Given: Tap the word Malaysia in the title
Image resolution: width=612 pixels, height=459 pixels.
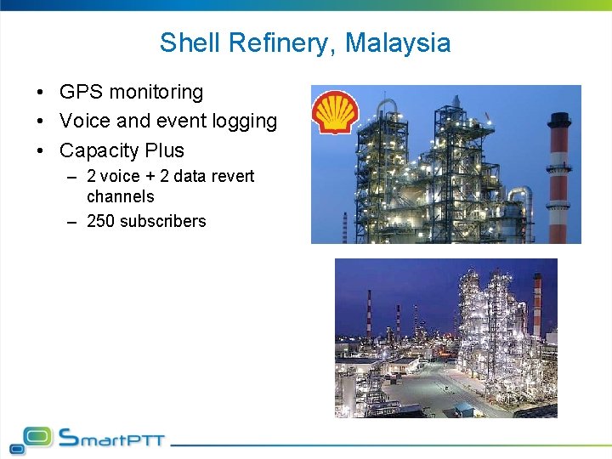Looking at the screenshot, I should [398, 42].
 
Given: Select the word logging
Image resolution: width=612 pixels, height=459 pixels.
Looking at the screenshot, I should [245, 122].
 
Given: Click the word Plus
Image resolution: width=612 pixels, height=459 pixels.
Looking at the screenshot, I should [165, 150].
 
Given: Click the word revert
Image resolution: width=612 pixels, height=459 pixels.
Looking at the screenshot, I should [233, 176].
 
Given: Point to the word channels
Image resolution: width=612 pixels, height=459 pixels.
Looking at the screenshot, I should [121, 196].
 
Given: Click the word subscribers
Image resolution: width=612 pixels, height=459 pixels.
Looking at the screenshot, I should [162, 221].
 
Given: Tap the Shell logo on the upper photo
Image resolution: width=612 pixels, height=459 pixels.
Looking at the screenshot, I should [335, 112].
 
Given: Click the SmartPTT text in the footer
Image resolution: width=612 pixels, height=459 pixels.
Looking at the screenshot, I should [111, 439].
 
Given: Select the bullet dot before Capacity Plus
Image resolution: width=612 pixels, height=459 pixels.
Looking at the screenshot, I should [41, 151].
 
